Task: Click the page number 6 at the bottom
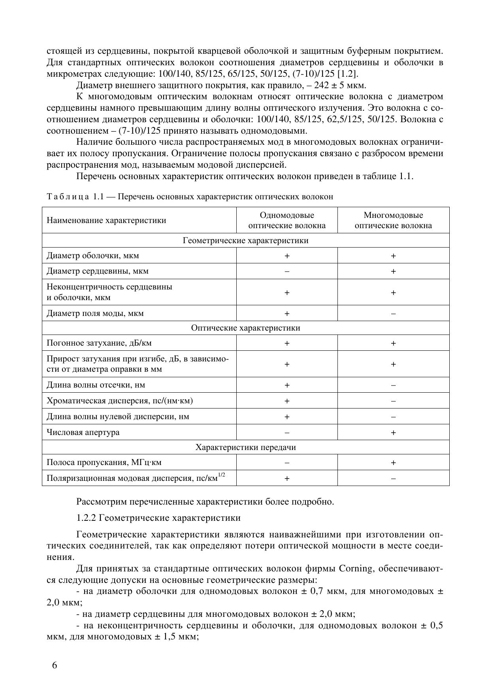coord(55,665)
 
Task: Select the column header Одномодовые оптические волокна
coord(287,220)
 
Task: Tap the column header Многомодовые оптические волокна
coord(393,220)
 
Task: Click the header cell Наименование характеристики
coord(106,220)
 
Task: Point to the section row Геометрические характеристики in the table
coord(245,240)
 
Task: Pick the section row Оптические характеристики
coord(245,328)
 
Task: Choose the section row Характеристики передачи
coord(245,447)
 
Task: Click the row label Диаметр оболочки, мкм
coord(93,255)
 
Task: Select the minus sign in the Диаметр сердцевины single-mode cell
coord(287,272)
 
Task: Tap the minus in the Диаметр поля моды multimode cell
coord(393,314)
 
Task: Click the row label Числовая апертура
coord(83,432)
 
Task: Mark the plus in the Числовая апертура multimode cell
coord(393,433)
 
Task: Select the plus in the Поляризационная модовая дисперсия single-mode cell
coord(287,478)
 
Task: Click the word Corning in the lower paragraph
coord(356,569)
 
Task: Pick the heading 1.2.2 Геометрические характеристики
coord(158,518)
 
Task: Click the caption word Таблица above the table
coord(68,197)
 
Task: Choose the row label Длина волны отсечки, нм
coord(96,385)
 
